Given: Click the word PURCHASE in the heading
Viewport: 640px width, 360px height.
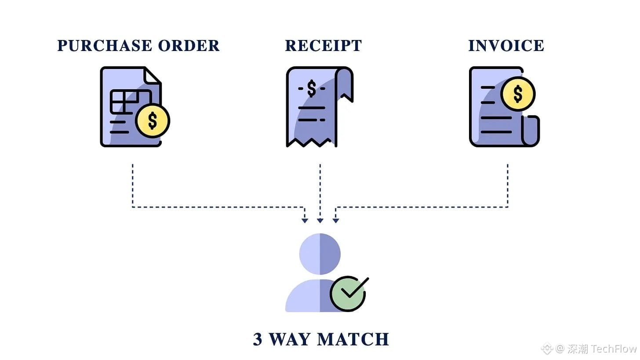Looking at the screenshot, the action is coord(105,46).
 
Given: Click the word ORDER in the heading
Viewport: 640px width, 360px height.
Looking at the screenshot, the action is coord(189,46).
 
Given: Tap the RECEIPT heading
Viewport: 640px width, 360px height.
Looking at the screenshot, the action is coord(324,46).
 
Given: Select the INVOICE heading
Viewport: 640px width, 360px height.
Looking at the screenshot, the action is coord(506,46).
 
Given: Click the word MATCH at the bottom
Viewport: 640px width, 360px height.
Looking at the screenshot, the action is coord(353,339).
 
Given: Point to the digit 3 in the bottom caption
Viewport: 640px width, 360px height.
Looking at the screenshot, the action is coord(258,339).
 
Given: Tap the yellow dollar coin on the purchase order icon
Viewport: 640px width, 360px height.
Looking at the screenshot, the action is coord(153,120).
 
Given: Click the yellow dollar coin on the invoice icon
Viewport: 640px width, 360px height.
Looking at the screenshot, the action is coord(518,94).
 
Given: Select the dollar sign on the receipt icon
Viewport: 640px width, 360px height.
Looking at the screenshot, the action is coord(312,89).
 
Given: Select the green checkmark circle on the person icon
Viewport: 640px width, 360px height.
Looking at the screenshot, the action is coord(348,294).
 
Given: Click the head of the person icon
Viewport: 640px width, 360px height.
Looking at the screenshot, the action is coord(320,254).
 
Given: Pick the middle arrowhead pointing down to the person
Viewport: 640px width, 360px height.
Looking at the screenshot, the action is coord(320,221).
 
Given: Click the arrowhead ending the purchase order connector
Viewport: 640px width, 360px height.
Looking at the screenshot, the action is coord(305,221).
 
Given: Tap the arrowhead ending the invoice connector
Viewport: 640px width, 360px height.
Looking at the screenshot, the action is coord(336,221).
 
